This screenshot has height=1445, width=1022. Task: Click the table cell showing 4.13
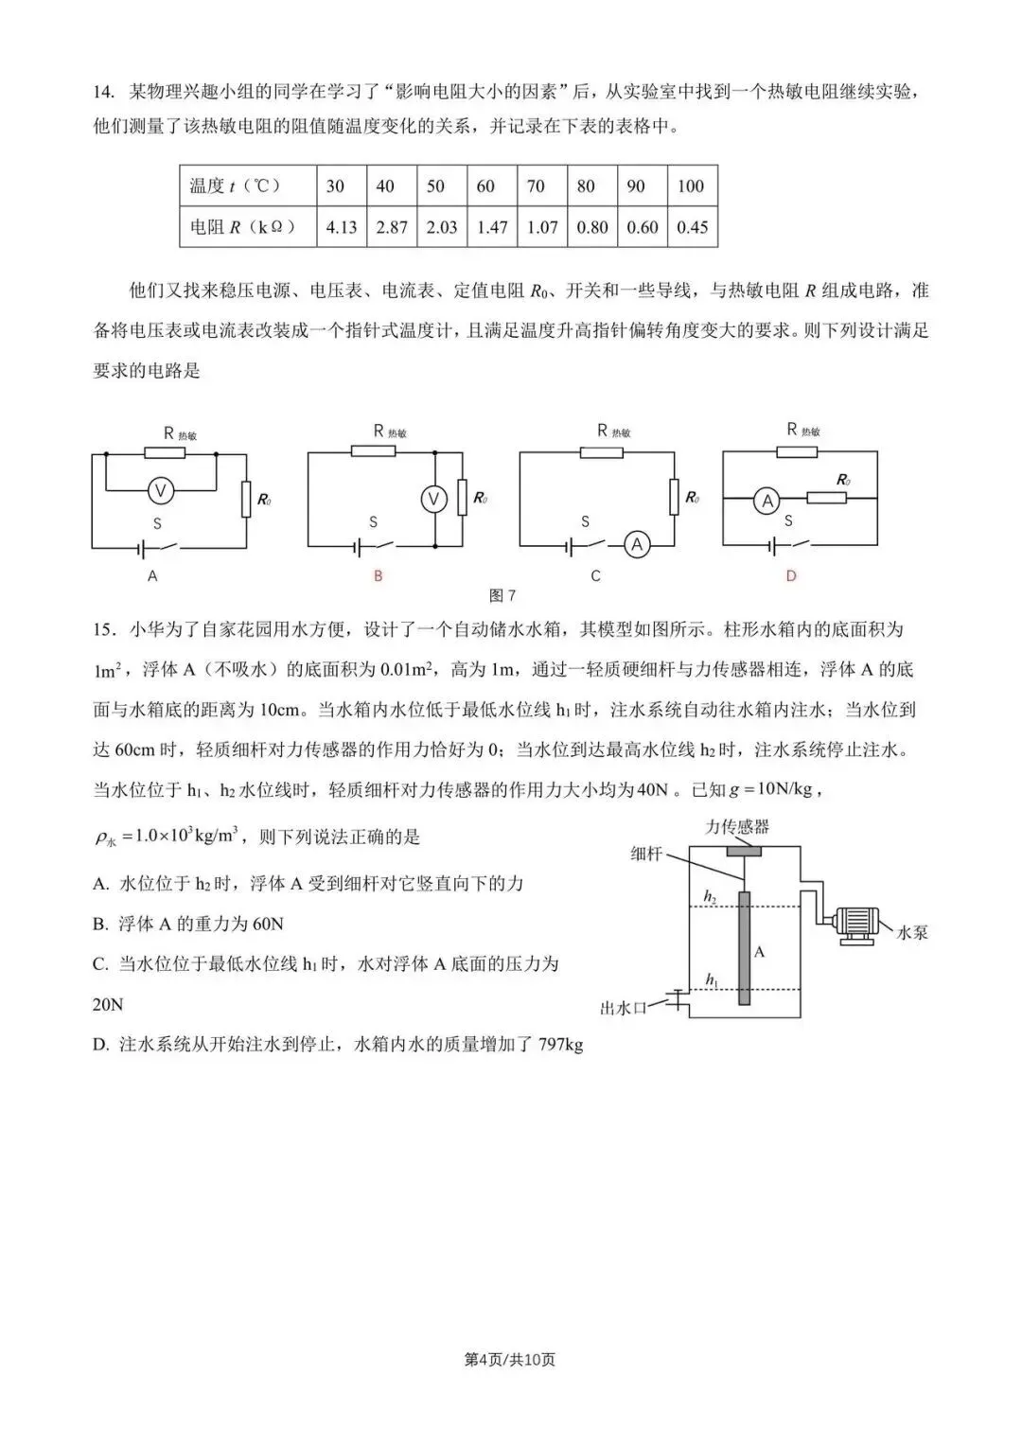341,228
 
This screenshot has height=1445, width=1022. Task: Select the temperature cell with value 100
691,186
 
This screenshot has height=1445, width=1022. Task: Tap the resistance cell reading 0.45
692,228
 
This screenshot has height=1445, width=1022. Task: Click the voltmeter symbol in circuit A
160,490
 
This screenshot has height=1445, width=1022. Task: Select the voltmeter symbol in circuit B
434,498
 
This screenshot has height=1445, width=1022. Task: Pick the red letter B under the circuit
378,575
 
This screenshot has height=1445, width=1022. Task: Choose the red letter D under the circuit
791,575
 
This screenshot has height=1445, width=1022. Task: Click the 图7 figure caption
502,595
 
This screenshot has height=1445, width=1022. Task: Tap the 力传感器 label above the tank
737,826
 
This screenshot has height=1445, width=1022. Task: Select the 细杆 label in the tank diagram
646,854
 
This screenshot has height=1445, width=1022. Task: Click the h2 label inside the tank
710,894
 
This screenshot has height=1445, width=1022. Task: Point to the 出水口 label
623,1009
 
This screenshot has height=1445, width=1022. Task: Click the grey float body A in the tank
744,946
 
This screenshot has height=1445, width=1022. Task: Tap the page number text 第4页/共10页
510,1360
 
